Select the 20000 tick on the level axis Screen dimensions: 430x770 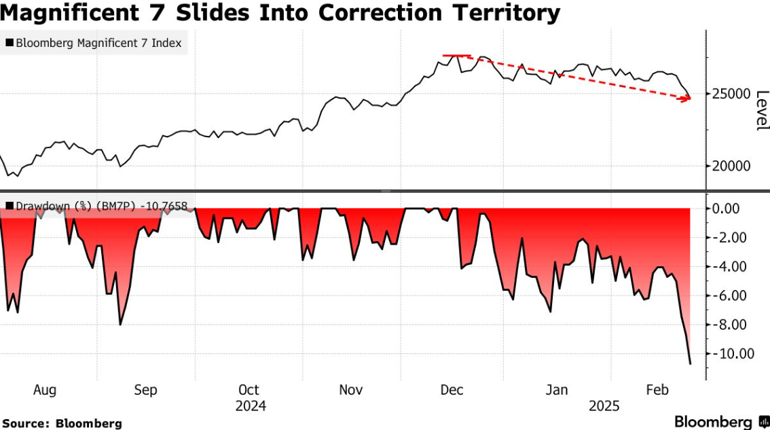(x=732, y=166)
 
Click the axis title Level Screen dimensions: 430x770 (x=762, y=110)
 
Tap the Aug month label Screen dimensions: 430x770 (x=45, y=390)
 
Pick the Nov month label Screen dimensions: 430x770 (x=351, y=390)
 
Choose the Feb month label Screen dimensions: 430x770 (x=657, y=390)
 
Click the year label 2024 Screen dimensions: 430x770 (x=250, y=406)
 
